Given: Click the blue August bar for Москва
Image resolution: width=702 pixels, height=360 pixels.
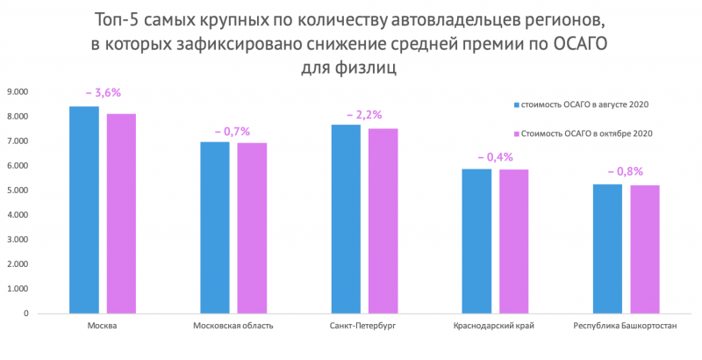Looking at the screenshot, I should (84, 209).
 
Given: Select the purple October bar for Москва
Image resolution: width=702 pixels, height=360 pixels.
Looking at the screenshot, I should (121, 212).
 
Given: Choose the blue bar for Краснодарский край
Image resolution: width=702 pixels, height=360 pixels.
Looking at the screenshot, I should (476, 241).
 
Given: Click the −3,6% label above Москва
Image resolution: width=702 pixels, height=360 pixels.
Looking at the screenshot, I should (103, 92).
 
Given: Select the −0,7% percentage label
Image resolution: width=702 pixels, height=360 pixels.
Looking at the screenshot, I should (233, 131).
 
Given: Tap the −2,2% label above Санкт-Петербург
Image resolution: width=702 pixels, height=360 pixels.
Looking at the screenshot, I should (364, 115).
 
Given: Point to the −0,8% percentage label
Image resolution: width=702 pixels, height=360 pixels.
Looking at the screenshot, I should (626, 171).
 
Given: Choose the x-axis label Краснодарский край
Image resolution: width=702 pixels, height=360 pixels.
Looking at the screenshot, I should (494, 327).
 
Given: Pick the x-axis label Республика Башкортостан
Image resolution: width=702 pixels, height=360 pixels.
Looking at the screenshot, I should (625, 327).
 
